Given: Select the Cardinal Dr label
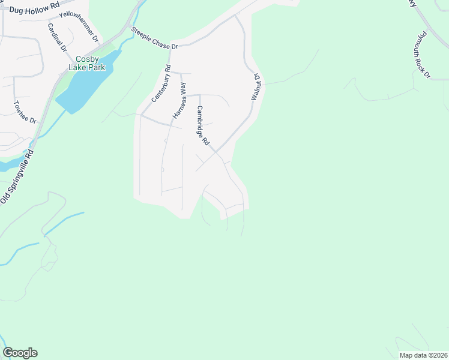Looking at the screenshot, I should (x=57, y=37).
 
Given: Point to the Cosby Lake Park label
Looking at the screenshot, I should (x=91, y=63).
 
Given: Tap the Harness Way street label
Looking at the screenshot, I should (x=179, y=100).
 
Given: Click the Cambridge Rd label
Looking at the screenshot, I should (x=202, y=125).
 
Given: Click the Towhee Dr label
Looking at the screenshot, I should (x=26, y=112).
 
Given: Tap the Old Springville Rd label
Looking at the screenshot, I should (x=19, y=176).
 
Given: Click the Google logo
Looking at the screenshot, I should (x=20, y=353).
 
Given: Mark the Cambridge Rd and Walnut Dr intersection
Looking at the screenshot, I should (x=215, y=152).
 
